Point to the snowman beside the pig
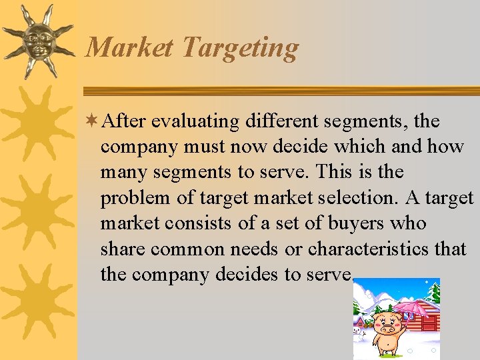[x=358, y=331]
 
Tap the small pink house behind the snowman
[x=361, y=321]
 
